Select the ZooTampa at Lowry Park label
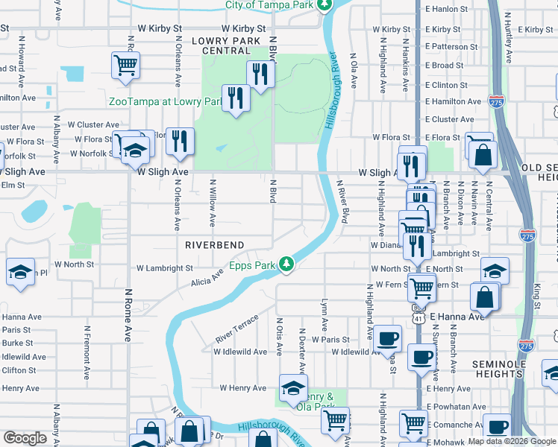point(166,101)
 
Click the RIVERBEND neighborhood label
point(216,244)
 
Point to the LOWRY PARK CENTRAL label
point(226,45)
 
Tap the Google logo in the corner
point(25,437)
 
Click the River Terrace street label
point(236,329)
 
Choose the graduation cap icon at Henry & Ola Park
point(292,387)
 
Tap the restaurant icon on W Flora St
point(179,141)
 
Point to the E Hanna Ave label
point(456,316)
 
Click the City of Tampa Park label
point(269,5)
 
